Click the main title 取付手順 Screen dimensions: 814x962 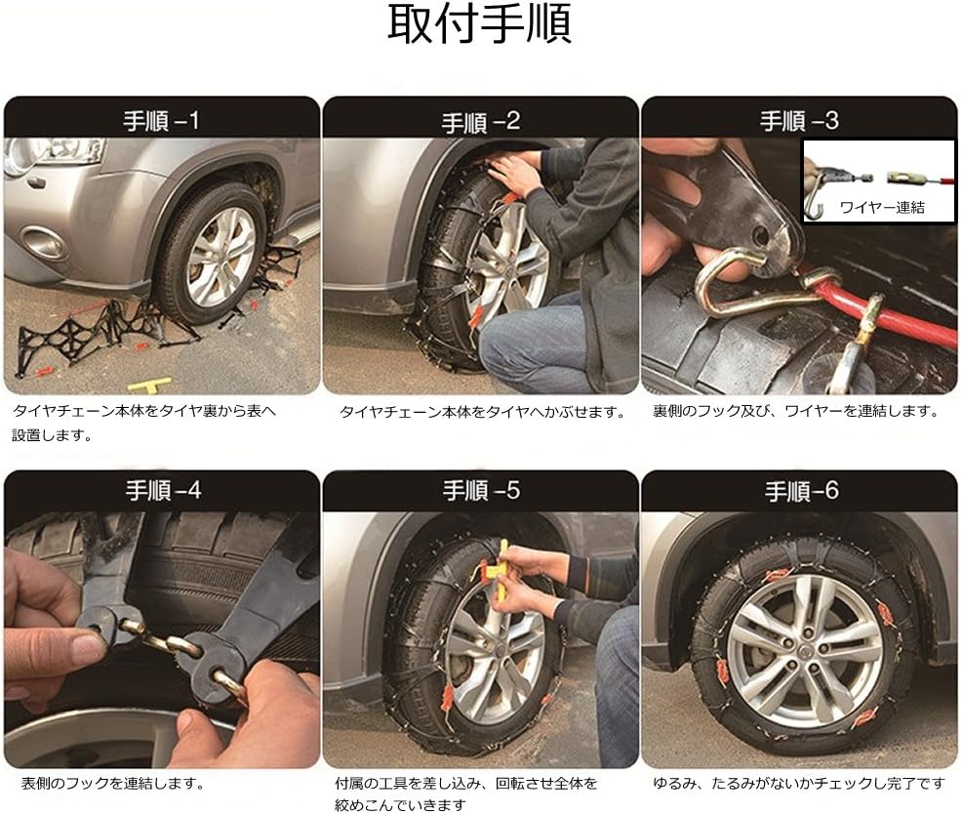(x=480, y=26)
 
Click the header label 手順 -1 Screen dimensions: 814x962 (x=161, y=121)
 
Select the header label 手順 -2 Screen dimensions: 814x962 (x=480, y=122)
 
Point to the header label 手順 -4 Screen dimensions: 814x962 (x=161, y=490)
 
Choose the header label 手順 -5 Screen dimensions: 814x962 (x=480, y=490)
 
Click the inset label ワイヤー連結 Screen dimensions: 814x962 (x=881, y=207)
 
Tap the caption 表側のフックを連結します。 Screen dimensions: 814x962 (x=112, y=783)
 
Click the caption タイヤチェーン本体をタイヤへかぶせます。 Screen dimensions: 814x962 (x=482, y=412)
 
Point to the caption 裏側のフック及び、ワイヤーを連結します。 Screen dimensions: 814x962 (x=795, y=411)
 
